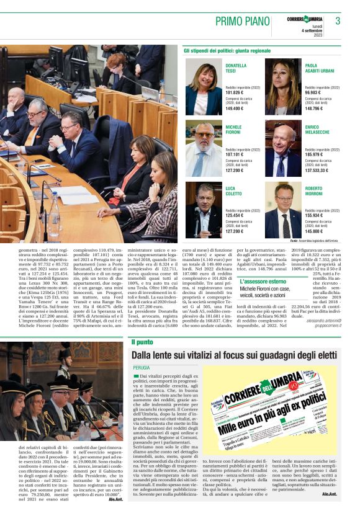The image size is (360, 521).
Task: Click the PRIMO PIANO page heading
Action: pyautogui.click(x=240, y=21)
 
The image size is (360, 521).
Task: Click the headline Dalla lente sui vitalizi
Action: pyautogui.click(x=235, y=355)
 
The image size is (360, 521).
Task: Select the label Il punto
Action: pyautogui.click(x=142, y=342)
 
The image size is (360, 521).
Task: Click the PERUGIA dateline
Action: pyautogui.click(x=141, y=368)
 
